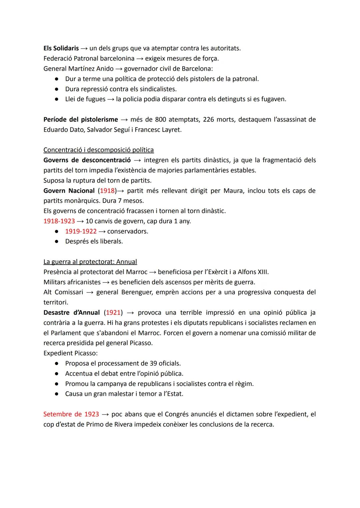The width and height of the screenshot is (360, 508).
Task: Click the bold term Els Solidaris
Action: (61, 48)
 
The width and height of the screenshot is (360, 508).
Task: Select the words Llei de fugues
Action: (85, 99)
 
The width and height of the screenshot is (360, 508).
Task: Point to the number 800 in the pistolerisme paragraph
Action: (160, 120)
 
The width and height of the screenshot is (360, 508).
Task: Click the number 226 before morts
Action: (208, 120)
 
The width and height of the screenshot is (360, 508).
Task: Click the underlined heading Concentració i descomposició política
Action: (98, 150)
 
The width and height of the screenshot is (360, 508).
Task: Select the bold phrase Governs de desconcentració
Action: (87, 160)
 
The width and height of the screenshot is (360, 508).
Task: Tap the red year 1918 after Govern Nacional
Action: (107, 191)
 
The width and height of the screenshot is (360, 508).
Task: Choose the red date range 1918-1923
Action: (59, 221)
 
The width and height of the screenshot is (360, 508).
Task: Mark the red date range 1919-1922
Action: (81, 232)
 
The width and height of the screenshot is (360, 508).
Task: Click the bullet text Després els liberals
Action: (94, 242)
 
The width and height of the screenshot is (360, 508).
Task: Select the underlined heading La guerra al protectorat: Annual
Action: (90, 262)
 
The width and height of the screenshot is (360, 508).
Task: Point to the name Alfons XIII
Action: (253, 272)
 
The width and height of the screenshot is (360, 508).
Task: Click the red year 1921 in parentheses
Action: (113, 313)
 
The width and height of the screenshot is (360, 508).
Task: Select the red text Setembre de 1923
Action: (71, 414)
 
